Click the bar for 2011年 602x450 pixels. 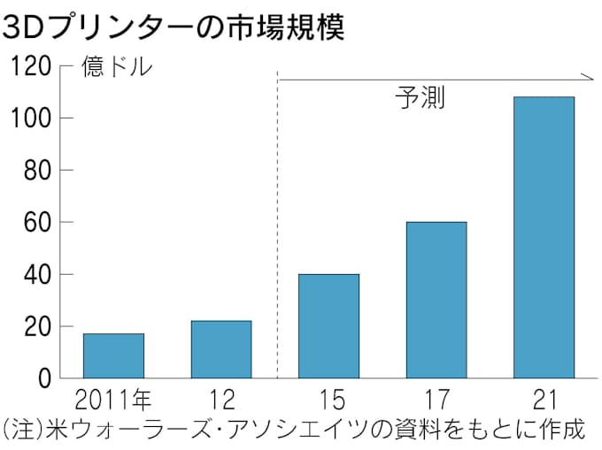(113, 355)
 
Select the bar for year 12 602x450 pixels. (220, 349)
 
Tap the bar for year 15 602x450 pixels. (328, 326)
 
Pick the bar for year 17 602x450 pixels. (436, 300)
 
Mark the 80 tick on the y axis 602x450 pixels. (35, 171)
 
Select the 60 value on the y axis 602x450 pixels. (35, 223)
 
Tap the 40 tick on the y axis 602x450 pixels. (35, 275)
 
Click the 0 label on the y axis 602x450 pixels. (42, 379)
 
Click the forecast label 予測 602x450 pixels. (419, 97)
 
